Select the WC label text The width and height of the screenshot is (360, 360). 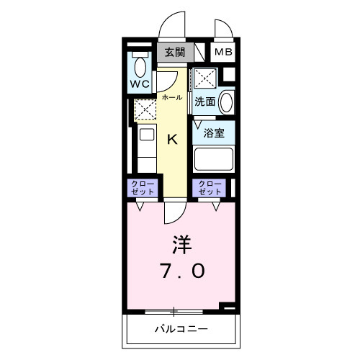pos(140,84)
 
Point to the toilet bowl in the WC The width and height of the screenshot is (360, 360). pos(140,66)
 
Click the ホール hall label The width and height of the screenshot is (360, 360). pos(171,97)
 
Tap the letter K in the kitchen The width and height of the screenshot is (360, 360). pos(173,140)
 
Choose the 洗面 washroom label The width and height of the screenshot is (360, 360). pos(205,102)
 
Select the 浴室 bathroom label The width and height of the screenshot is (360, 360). pos(212,132)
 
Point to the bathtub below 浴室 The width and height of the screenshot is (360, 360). pos(215,158)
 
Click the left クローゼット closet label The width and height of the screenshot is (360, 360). pos(141,188)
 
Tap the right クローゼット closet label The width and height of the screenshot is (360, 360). pos(210,188)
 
